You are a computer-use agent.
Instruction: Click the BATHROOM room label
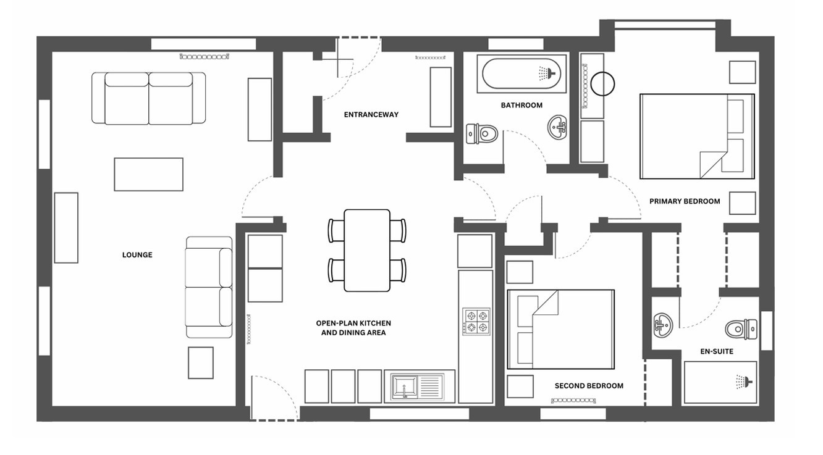(x=521, y=106)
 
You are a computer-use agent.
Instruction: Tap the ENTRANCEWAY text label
(x=371, y=115)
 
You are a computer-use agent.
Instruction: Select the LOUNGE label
(x=137, y=255)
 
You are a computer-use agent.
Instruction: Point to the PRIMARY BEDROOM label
(x=685, y=201)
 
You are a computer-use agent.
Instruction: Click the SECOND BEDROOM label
(x=589, y=386)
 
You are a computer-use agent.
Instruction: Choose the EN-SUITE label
(x=717, y=351)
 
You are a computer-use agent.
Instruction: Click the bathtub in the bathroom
(x=521, y=74)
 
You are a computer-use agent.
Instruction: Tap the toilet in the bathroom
(x=482, y=134)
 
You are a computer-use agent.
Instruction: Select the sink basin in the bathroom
(x=557, y=127)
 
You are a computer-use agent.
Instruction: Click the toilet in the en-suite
(x=741, y=329)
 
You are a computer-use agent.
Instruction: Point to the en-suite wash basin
(x=663, y=325)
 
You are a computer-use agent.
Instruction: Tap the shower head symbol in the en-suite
(x=744, y=382)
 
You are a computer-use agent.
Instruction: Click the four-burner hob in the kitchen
(x=476, y=321)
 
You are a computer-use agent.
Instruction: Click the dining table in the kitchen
(x=367, y=251)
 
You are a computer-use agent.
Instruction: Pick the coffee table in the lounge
(x=148, y=175)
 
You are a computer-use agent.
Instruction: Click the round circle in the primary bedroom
(x=602, y=84)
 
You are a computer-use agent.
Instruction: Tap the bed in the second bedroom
(x=560, y=329)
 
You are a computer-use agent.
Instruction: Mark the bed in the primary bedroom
(x=697, y=136)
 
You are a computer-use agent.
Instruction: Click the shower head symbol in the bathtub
(x=547, y=73)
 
